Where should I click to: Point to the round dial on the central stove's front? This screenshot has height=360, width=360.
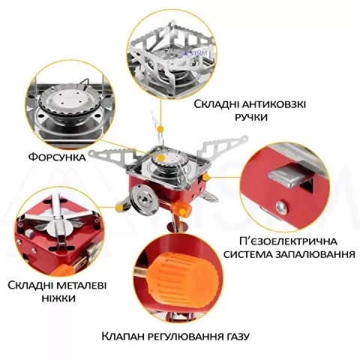tap(140, 202)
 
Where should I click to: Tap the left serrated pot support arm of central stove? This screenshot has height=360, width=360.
tap(112, 155)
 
